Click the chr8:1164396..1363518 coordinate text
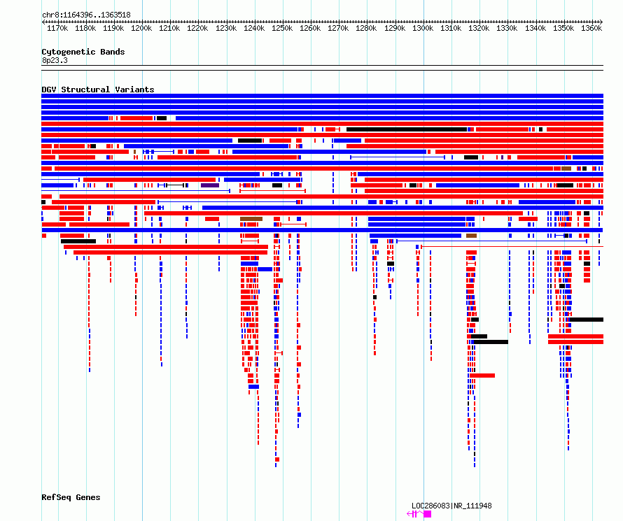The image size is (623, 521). [86, 15]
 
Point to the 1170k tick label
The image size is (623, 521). [57, 28]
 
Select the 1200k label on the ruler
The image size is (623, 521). [141, 28]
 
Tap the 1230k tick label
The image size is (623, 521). [226, 28]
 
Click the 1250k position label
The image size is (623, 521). [282, 28]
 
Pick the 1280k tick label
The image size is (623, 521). [366, 28]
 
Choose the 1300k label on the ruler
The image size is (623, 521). [423, 28]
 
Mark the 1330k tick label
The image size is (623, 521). [507, 28]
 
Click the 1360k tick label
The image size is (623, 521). [591, 28]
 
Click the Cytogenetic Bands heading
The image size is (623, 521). [83, 52]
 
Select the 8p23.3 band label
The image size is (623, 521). [55, 60]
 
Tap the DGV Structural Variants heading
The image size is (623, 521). [98, 90]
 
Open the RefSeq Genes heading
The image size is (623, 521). [71, 497]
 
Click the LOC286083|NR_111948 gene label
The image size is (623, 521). [451, 506]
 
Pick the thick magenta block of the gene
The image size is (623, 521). [428, 514]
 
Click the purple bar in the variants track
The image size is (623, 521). [210, 185]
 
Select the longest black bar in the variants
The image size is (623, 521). [407, 129]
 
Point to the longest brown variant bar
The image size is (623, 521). [251, 219]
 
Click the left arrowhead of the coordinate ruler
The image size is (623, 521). [43, 22]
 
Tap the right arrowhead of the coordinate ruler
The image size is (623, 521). [601, 22]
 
